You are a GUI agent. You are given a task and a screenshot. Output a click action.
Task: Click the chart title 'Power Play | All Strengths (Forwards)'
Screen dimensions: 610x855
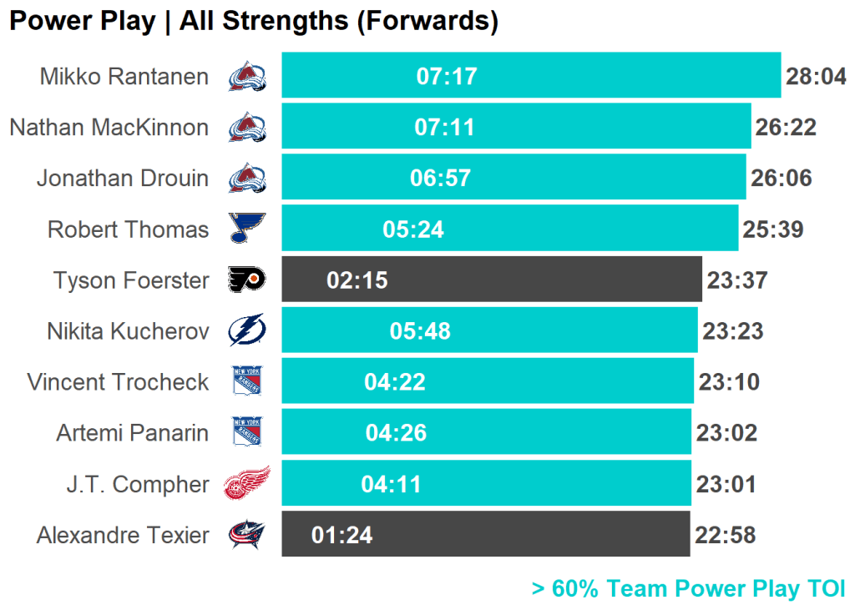(253, 22)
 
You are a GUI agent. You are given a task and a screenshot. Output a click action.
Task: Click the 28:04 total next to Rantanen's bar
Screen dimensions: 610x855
(816, 77)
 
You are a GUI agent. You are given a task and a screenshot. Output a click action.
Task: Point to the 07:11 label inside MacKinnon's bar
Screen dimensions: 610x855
(444, 128)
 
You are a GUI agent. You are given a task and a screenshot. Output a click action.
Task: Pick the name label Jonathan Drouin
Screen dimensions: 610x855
(123, 179)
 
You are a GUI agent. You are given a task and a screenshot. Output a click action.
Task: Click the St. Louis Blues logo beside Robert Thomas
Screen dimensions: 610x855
(246, 229)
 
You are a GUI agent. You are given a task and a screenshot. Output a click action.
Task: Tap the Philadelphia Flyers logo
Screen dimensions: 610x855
(246, 280)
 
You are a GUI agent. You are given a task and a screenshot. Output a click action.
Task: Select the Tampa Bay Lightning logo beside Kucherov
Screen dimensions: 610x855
(246, 330)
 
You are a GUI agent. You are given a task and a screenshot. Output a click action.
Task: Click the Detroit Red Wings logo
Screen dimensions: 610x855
(246, 483)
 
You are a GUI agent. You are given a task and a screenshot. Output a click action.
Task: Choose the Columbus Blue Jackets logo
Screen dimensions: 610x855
(246, 535)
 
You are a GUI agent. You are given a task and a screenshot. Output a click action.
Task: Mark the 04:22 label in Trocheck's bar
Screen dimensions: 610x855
(395, 382)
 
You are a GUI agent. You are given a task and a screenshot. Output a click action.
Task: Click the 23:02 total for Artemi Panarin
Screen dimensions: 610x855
(726, 433)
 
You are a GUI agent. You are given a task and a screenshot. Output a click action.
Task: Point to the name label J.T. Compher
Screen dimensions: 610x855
(138, 484)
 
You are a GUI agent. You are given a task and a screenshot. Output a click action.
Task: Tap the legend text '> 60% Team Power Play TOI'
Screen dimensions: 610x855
(688, 589)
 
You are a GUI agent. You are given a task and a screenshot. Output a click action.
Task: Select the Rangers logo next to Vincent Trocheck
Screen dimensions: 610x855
(246, 382)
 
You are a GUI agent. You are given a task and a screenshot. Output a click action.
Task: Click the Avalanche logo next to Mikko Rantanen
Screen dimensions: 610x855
(246, 77)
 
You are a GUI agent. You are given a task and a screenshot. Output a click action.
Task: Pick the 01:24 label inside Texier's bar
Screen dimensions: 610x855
(341, 536)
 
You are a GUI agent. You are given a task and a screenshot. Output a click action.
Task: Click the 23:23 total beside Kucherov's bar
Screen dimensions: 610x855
(732, 331)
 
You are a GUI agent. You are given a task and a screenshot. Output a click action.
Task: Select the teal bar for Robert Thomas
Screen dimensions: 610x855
(584, 229)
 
